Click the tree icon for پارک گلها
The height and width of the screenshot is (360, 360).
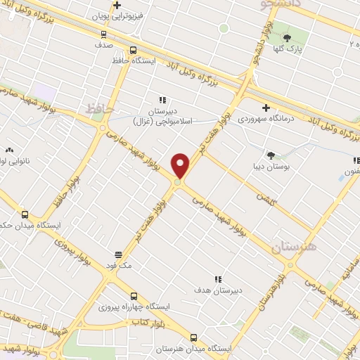click(287, 37)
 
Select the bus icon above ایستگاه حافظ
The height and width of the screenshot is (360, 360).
click(134, 50)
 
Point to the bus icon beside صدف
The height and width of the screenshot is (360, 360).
click(103, 33)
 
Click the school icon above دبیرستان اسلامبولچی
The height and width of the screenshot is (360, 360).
click(162, 101)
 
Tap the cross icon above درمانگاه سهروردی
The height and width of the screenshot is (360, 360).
click(266, 108)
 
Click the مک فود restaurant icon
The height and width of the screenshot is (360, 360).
click(118, 255)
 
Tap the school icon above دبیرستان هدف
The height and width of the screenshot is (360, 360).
click(218, 279)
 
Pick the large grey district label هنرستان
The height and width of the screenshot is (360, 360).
click(293, 246)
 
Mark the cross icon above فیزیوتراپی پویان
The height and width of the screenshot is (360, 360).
click(117, 6)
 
